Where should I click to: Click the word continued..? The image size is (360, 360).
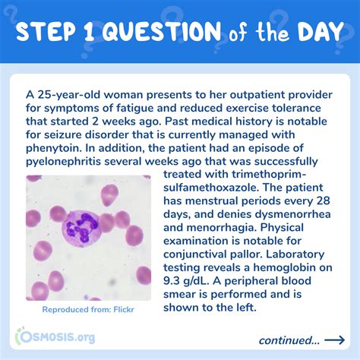tap(289, 339)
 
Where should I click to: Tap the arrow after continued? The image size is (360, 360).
tap(334, 339)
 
